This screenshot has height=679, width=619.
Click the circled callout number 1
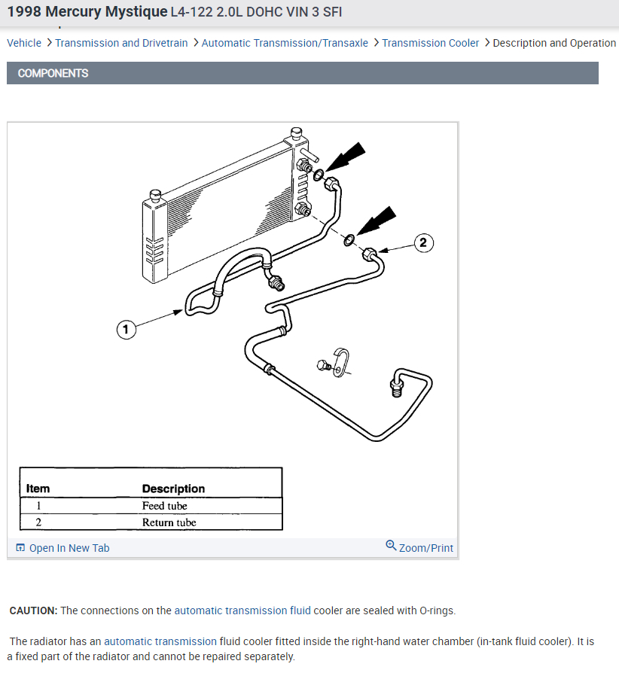point(126,329)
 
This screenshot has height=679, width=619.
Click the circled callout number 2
point(422,242)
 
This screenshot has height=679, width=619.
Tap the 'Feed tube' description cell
point(164,506)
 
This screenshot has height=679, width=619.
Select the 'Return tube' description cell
point(169,522)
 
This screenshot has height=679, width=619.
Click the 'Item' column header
point(38,489)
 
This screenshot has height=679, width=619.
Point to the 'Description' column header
point(173,489)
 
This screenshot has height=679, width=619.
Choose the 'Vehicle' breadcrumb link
point(24,43)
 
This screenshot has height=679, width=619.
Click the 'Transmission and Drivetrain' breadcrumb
point(121,43)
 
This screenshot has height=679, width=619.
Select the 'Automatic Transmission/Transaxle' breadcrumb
point(285,43)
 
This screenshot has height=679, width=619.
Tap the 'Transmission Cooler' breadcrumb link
point(430,43)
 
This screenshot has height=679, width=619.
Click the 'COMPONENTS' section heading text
point(53,73)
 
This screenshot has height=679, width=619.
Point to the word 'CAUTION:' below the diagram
point(33,610)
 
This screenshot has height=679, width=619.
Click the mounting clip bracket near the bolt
point(343,361)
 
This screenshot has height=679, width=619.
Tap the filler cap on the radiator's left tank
point(157,196)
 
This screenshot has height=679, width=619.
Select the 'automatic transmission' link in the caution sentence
point(230,610)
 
